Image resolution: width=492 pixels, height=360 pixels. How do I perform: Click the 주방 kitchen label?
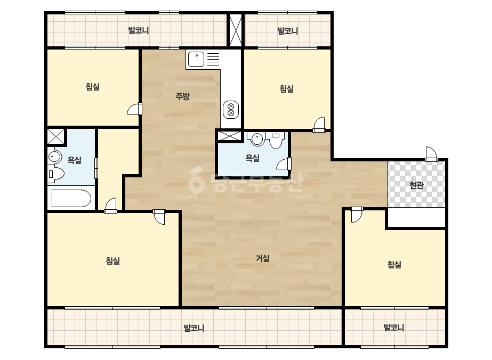(182, 96)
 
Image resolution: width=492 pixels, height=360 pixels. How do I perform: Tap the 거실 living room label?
(263, 258)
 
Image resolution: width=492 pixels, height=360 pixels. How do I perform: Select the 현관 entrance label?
(416, 185)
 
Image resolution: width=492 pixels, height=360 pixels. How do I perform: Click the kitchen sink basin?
(196, 59)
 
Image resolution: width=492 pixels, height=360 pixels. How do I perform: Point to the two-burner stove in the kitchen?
(231, 110)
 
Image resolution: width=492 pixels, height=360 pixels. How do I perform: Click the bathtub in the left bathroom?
(71, 198)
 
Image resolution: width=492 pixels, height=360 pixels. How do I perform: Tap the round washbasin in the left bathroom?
(54, 157)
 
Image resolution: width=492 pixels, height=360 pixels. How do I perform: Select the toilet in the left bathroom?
(56, 173)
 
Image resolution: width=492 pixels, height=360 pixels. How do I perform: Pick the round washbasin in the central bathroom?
(257, 139)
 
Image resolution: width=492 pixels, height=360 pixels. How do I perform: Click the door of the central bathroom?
(284, 164)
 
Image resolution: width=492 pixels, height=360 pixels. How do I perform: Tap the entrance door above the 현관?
(431, 154)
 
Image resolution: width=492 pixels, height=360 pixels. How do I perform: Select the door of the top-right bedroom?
(319, 125)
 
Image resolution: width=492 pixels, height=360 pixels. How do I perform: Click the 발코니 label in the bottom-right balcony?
(394, 328)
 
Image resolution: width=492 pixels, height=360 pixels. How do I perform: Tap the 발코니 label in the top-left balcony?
(139, 31)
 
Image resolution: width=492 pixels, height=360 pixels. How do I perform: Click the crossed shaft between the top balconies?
(236, 30)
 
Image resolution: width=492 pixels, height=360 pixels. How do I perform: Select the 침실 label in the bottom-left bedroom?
(112, 260)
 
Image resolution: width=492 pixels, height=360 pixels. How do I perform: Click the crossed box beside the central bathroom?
(229, 136)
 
